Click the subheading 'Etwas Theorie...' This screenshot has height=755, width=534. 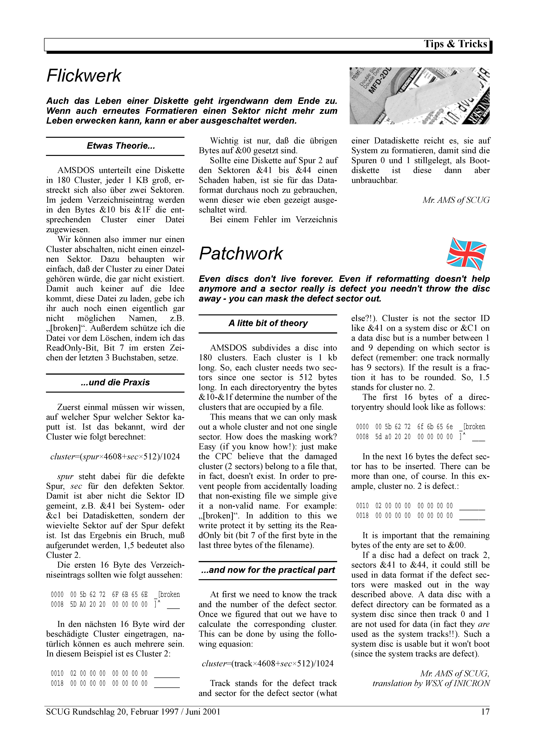pyautogui.click(x=121, y=146)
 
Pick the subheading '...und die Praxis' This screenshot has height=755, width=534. pyautogui.click(x=115, y=382)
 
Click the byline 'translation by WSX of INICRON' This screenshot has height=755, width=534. pyautogui.click(x=431, y=683)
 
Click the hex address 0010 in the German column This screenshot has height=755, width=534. pyautogui.click(x=57, y=673)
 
